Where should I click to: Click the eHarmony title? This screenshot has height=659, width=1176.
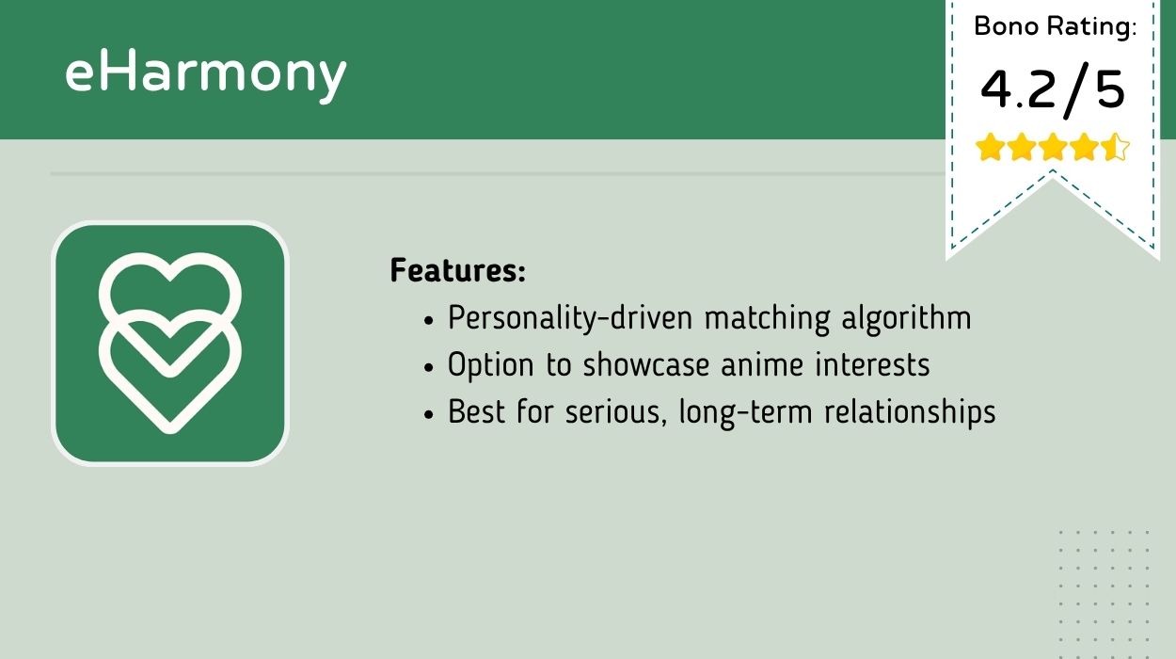(x=205, y=75)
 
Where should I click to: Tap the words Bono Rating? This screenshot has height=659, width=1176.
(x=1055, y=26)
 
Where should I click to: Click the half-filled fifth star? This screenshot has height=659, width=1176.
(x=1115, y=147)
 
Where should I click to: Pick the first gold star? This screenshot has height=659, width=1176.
(x=990, y=147)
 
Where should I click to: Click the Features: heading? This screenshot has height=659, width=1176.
(x=458, y=270)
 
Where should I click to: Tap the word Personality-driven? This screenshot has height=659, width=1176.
(x=570, y=318)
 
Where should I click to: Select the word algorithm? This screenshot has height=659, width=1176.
(x=906, y=318)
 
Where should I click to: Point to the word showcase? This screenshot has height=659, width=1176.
(x=646, y=365)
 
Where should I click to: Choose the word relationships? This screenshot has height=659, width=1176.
(x=910, y=412)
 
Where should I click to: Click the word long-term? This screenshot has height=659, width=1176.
(x=745, y=412)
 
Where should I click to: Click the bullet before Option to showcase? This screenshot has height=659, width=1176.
(x=429, y=367)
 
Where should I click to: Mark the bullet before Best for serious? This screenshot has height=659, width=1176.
(x=429, y=414)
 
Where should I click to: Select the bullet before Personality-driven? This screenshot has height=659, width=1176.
(x=429, y=320)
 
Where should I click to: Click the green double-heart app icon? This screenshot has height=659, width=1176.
(x=170, y=344)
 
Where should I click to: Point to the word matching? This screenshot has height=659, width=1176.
(x=767, y=318)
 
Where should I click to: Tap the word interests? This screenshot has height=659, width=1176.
(x=872, y=365)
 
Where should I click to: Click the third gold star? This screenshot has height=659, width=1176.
(x=1053, y=147)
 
